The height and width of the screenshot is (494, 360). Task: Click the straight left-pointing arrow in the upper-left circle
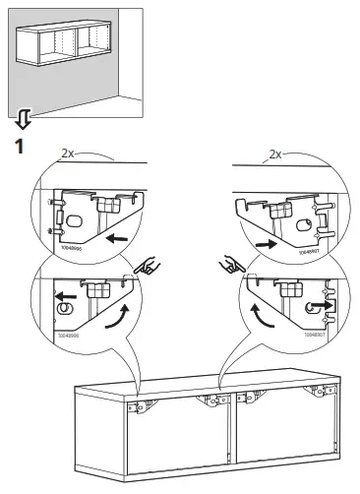[x=117, y=239]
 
